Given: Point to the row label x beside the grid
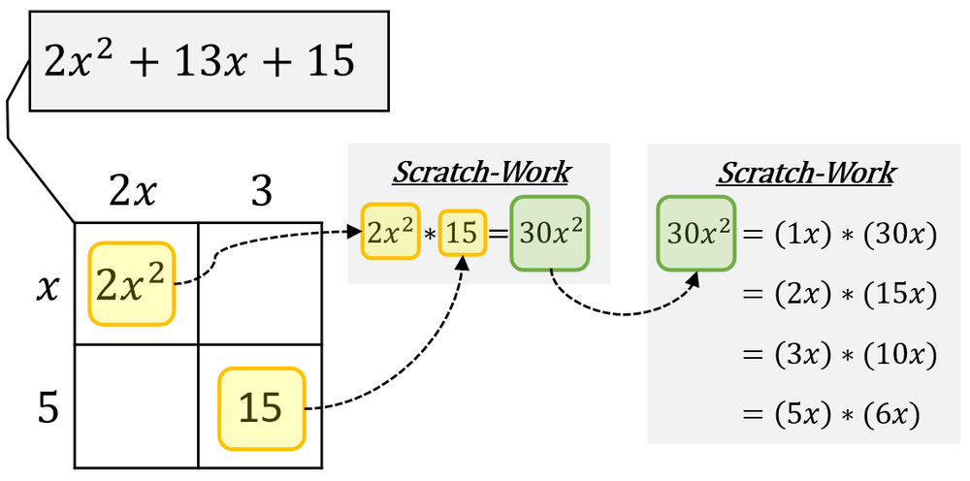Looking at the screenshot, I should (x=46, y=286).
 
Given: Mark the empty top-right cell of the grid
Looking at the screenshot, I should (x=259, y=283).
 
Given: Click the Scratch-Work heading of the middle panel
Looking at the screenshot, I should (x=480, y=174).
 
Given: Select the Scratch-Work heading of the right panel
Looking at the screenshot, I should (x=805, y=174).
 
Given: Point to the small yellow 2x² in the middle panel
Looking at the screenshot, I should (x=390, y=232).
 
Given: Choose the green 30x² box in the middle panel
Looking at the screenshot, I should (x=549, y=233).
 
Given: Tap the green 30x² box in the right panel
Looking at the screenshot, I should (x=696, y=233).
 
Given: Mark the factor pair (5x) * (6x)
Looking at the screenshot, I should (x=844, y=415).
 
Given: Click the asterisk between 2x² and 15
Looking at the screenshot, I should (x=429, y=234).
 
